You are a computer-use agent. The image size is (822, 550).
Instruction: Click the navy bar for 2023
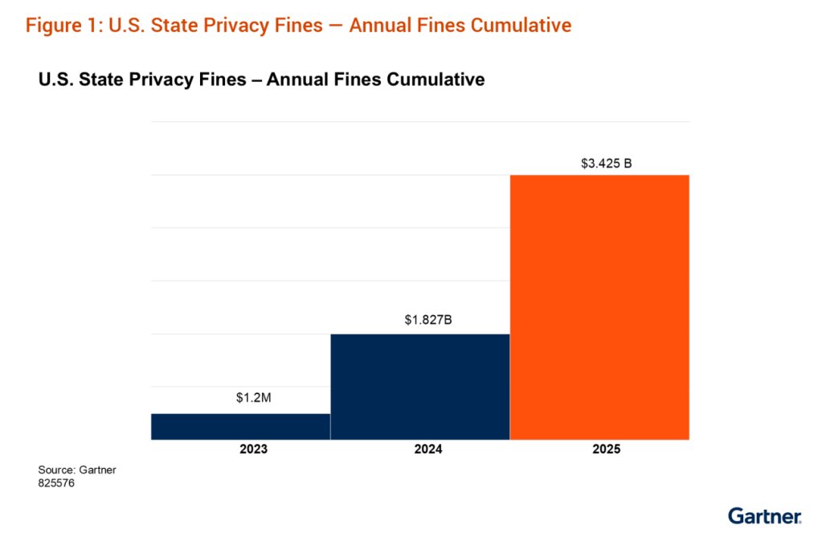point(240,426)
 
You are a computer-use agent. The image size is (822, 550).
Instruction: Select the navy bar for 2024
point(420,386)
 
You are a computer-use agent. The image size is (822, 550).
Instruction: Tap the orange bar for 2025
point(599,306)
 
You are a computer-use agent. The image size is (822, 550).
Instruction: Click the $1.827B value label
point(428,319)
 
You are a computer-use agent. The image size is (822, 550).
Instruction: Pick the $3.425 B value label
point(607,163)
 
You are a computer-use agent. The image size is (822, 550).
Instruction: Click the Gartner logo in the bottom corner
point(764,515)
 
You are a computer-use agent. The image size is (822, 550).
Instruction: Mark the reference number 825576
point(56,482)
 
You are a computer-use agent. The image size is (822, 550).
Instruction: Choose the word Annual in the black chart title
point(294,80)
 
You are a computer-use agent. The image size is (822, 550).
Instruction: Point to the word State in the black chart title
point(97,80)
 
